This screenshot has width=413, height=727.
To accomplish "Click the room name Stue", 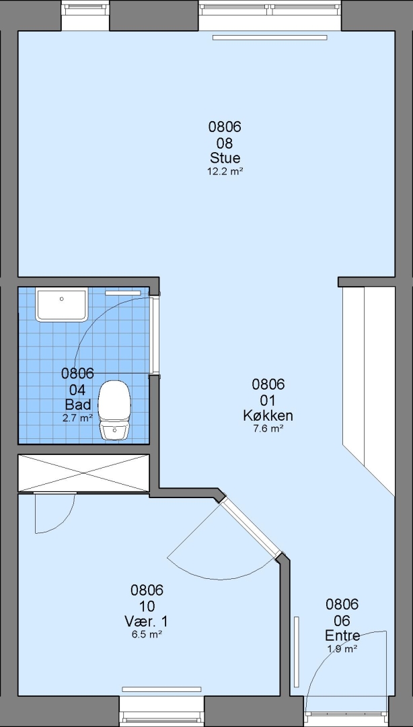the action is pyautogui.click(x=225, y=158).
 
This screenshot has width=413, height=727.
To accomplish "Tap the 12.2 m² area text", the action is pyautogui.click(x=225, y=171).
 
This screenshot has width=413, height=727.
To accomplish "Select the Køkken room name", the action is pyautogui.click(x=268, y=415).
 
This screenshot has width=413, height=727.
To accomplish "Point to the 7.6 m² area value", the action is pyautogui.click(x=268, y=429).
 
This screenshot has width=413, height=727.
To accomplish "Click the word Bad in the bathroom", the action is pyautogui.click(x=78, y=404).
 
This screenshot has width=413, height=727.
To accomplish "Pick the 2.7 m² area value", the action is pyautogui.click(x=78, y=417).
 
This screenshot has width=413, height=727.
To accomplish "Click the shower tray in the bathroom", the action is pyautogui.click(x=62, y=305).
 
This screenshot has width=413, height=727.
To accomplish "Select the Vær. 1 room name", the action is pyautogui.click(x=147, y=621).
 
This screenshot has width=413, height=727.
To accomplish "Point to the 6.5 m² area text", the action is pyautogui.click(x=147, y=634).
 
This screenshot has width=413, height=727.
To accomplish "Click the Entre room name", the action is pyautogui.click(x=342, y=635).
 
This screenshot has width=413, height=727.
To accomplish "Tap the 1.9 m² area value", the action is pyautogui.click(x=342, y=648).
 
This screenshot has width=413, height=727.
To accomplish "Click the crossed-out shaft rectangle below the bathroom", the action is pyautogui.click(x=84, y=473).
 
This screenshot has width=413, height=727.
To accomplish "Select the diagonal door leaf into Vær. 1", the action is pyautogui.click(x=250, y=528).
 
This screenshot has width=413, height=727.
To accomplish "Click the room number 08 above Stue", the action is pyautogui.click(x=225, y=142).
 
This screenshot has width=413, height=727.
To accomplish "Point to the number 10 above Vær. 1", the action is pyautogui.click(x=147, y=606).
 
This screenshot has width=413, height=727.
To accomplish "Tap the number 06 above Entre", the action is pyautogui.click(x=342, y=620).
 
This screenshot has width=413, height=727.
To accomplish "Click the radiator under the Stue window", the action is pyautogui.click(x=270, y=38).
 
